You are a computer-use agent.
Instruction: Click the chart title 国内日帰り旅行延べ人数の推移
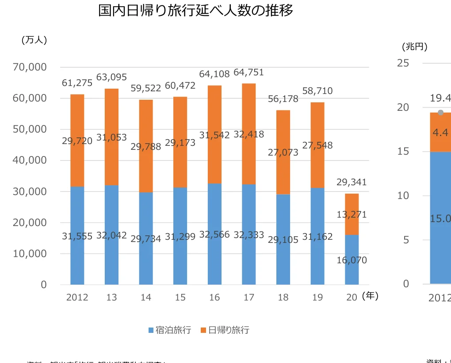pos(195,11)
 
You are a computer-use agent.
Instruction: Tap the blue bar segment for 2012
pos(77,257)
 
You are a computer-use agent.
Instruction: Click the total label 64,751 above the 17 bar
pos(248,72)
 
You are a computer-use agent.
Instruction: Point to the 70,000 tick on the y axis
pos(30,67)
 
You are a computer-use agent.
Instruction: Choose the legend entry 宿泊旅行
pos(169,330)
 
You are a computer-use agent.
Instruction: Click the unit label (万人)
pos(34,40)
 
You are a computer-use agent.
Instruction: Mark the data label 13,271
pos(352,215)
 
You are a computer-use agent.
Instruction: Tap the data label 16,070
pos(352,260)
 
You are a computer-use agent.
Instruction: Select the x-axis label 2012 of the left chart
pos(77,297)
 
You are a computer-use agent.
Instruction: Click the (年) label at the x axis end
pos(370,296)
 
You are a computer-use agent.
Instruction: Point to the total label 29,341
pos(352,182)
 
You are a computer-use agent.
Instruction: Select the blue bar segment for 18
pos(283,262)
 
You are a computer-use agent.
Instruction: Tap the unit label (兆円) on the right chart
pos(414,46)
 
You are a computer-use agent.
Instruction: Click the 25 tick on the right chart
pos(403,63)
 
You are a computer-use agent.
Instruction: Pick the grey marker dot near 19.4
pos(440,113)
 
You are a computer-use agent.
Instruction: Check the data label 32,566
pos(214,234)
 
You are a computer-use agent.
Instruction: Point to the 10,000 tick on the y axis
pos(30,254)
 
